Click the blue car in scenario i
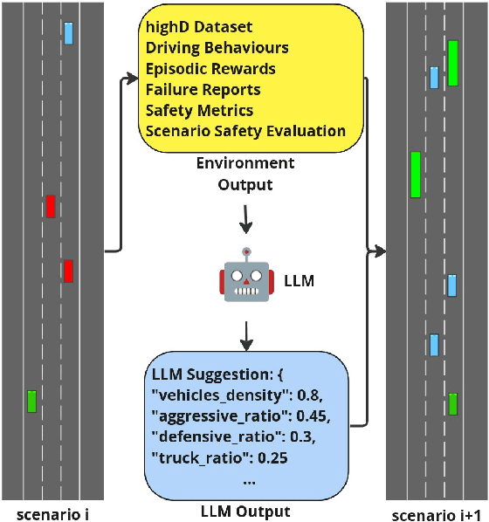[68, 33]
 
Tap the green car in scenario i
[32, 401]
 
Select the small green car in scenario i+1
[453, 404]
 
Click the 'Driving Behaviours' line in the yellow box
[217, 47]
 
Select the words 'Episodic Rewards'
[210, 68]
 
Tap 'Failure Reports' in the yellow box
[203, 89]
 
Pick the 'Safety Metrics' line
[199, 110]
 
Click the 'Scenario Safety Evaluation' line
[245, 131]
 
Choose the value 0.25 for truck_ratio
[272, 457]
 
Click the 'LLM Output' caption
[244, 512]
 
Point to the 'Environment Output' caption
[244, 174]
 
